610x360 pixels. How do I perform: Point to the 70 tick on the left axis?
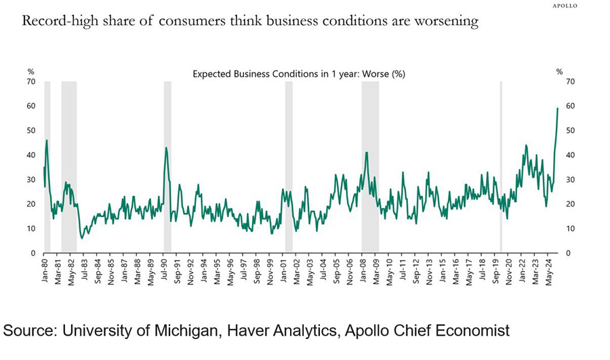click(x=30, y=81)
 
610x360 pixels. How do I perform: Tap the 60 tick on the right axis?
click(x=560, y=106)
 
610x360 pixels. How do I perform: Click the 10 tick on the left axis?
click(x=30, y=228)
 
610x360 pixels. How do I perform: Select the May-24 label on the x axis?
click(x=549, y=270)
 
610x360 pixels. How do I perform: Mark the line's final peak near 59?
click(x=557, y=108)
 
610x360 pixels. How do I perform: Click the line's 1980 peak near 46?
click(x=46, y=140)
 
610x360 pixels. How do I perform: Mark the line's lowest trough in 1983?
click(x=82, y=238)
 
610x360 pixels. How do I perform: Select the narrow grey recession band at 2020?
click(x=501, y=166)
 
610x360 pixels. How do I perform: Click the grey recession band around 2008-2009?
click(x=369, y=166)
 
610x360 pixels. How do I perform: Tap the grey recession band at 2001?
click(x=289, y=166)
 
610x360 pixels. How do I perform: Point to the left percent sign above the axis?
click(x=30, y=71)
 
